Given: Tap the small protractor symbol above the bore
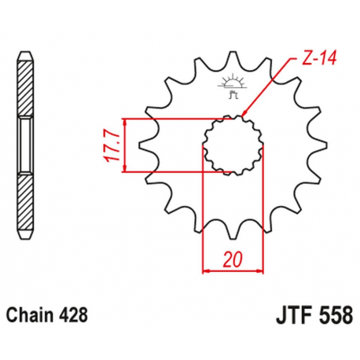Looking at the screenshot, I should (233, 82).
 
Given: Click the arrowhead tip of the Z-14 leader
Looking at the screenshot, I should (242, 119).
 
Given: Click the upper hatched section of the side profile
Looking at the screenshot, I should (26, 90).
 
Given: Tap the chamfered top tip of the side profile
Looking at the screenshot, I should (26, 54).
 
